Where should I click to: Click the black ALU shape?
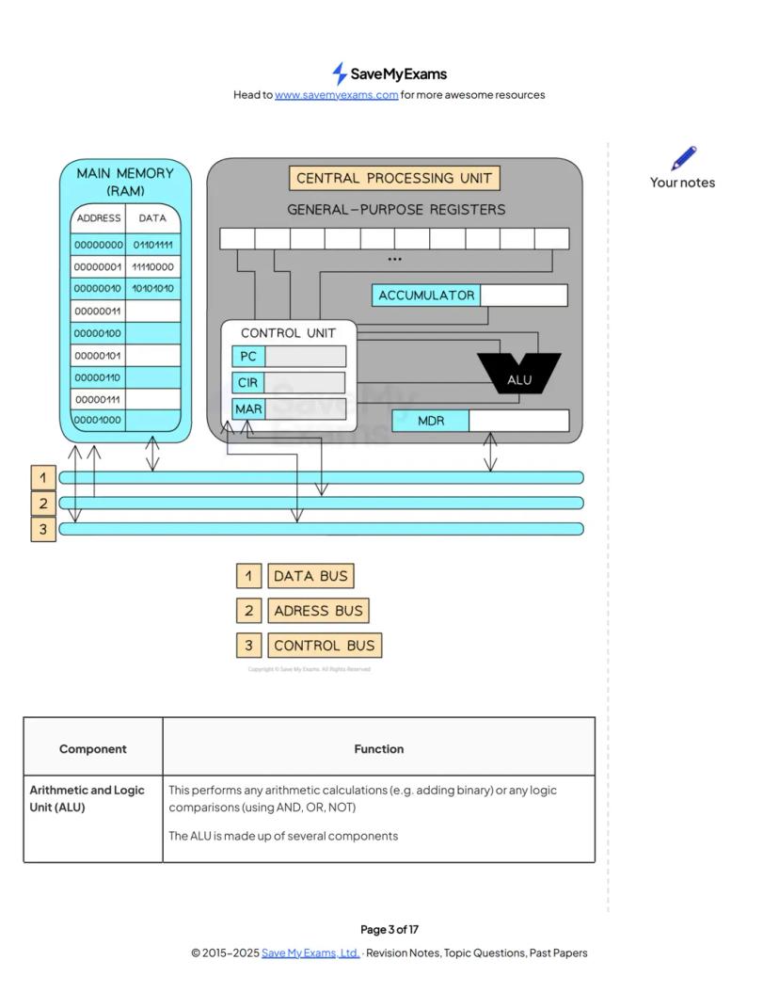pos(519,374)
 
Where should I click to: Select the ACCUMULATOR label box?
pos(426,296)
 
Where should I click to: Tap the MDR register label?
pos(430,421)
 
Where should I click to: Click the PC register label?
pos(248,357)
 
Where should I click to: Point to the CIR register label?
pos(248,383)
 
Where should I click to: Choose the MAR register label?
pos(248,409)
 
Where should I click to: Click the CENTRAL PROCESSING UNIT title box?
pos(394,178)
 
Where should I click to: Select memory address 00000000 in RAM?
pos(98,245)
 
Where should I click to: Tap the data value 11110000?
pos(152,266)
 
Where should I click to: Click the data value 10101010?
pos(152,288)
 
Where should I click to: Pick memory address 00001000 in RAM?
pos(98,420)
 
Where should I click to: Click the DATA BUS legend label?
pos(310,576)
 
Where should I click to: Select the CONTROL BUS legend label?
pos(325,646)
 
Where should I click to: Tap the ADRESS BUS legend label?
pos(318,611)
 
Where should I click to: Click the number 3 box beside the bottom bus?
pos(42,529)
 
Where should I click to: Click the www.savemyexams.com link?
pos(336,95)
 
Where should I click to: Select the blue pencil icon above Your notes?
pos(684,158)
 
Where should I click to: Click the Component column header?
pos(92,749)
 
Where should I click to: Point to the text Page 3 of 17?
pos(389,930)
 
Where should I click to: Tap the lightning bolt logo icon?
pos(340,73)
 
